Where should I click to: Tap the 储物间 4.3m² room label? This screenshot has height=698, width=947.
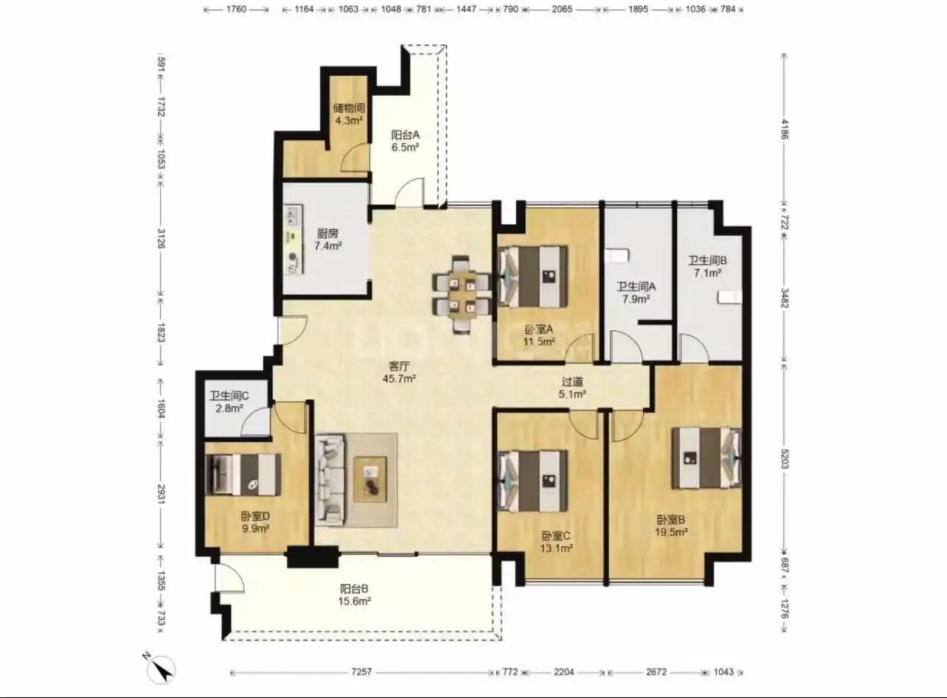pos(349,114)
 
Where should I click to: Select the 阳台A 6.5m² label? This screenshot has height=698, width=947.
pos(405,141)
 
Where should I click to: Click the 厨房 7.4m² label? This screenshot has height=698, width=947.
pos(327,240)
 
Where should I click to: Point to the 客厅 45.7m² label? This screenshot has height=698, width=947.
pos(399,372)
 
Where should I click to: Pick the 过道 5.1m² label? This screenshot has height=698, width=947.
pos(572,388)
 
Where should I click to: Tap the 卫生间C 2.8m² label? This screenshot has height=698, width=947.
pos(229,402)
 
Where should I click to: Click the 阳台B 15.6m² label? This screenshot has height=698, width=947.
pos(354,595)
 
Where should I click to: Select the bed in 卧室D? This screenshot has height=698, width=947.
pos(243,475)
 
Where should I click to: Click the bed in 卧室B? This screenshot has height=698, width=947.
pos(707,458)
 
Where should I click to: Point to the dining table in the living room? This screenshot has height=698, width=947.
pos(462,295)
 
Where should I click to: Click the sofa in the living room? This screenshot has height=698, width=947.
pos(330,481)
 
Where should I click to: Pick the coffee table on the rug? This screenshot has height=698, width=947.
pos(370,480)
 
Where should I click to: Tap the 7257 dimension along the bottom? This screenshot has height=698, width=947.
pos(361,671)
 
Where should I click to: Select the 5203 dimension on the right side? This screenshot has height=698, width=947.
pos(784,458)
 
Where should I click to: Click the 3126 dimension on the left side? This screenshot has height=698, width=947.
pos(161,238)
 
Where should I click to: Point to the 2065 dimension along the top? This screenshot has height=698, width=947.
pos(562,9)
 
